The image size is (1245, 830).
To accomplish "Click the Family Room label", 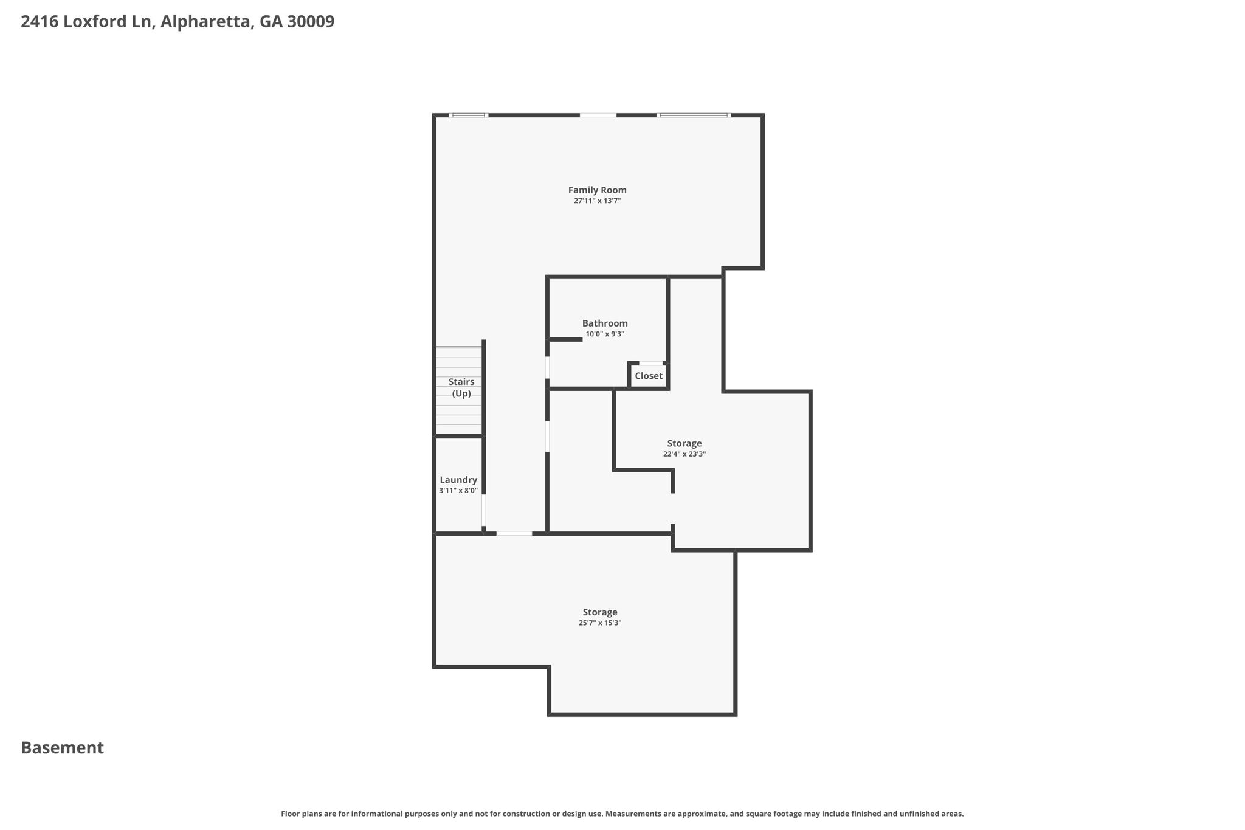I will click(597, 190).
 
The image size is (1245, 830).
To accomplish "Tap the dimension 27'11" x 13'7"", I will click(597, 201).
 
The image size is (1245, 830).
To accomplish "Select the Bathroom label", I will click(605, 323).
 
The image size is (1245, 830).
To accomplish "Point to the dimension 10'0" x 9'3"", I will click(605, 334).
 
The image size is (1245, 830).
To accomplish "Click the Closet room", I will click(649, 376).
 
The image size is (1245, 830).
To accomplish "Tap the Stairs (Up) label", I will click(461, 387).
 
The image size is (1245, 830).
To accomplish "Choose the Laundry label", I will click(458, 480).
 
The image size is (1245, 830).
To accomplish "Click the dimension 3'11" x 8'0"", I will click(458, 491).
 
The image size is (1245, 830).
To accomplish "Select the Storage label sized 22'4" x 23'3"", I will click(685, 443).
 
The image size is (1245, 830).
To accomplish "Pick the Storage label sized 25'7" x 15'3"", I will click(600, 612).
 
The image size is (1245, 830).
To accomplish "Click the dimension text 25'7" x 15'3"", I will click(600, 623).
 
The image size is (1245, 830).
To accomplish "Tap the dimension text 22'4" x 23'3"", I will click(685, 454).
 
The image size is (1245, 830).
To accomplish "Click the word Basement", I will click(63, 748).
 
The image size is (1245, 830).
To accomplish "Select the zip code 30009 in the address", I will click(311, 22).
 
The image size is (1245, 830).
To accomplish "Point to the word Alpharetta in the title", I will click(205, 22).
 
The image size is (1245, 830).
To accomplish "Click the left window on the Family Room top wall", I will click(469, 115).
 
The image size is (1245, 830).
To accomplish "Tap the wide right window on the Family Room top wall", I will click(694, 115).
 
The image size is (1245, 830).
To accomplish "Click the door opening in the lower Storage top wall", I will click(514, 533).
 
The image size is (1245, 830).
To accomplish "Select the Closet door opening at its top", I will click(650, 363).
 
